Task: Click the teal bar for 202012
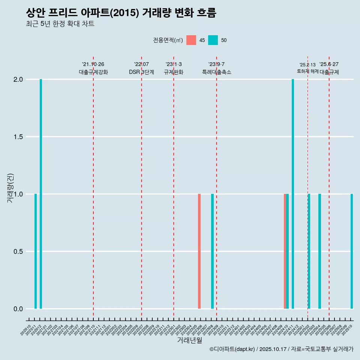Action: tap(41, 194)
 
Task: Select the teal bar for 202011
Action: tap(36, 251)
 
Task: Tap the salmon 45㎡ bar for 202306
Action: tap(199, 251)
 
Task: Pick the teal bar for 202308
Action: tap(212, 251)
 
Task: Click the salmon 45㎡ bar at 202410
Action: tap(285, 251)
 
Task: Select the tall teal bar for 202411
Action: tap(293, 194)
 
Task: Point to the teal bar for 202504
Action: tap(319, 251)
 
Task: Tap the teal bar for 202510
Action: tap(352, 251)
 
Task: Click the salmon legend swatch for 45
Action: tap(191, 40)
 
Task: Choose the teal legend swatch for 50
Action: tap(213, 40)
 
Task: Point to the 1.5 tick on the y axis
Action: tap(18, 137)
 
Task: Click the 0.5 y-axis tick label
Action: tap(18, 252)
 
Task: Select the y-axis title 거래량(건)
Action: tap(10, 188)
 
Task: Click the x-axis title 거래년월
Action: tap(189, 340)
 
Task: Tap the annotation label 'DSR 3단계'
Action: tap(141, 72)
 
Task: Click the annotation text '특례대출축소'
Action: tap(216, 72)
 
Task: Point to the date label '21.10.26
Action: tap(93, 64)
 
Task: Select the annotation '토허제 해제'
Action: tap(307, 71)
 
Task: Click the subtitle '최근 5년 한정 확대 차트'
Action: tap(60, 24)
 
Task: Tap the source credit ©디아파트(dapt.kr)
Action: tap(232, 349)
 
